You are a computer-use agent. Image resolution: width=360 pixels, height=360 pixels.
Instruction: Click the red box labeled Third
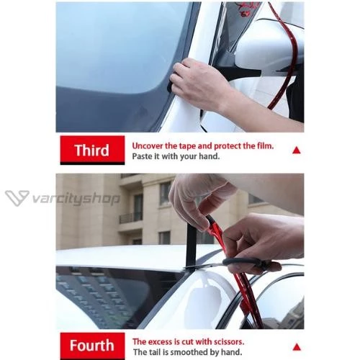pyautogui.click(x=92, y=150)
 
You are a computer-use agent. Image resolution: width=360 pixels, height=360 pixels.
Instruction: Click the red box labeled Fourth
pyautogui.click(x=92, y=346)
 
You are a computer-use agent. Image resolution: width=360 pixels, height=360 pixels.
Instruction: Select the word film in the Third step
pyautogui.click(x=266, y=145)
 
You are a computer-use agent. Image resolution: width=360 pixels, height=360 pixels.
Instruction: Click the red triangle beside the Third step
pyautogui.click(x=297, y=150)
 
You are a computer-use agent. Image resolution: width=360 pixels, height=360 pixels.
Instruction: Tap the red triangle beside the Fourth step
pyautogui.click(x=297, y=347)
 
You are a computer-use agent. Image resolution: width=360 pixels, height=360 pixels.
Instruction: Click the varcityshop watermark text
pyautogui.click(x=76, y=199)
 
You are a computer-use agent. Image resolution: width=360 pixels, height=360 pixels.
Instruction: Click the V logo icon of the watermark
pyautogui.click(x=17, y=198)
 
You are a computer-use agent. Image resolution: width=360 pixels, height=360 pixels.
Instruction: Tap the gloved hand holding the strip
pyautogui.click(x=199, y=199)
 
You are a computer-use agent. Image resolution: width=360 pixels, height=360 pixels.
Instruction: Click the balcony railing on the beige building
pyautogui.click(x=131, y=217)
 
